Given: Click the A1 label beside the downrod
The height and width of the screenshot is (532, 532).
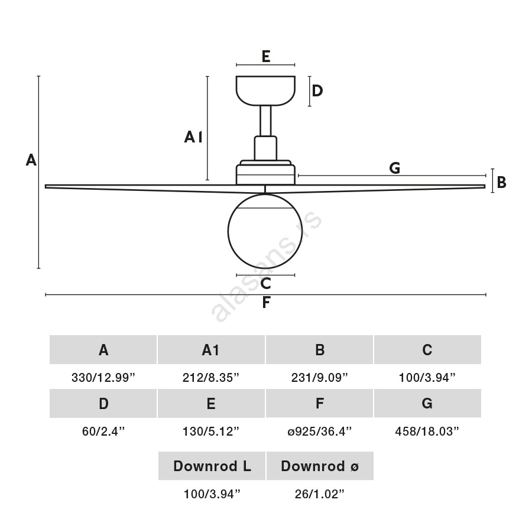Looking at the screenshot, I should point(193,137).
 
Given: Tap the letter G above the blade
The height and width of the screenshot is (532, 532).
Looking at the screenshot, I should point(395,168).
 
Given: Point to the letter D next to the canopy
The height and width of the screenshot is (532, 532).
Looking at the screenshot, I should point(317,90).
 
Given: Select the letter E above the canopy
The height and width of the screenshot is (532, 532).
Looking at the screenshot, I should point(265,56).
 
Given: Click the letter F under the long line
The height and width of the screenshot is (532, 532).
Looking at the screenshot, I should point(266,303).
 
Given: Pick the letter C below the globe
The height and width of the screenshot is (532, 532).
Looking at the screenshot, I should point(265,284).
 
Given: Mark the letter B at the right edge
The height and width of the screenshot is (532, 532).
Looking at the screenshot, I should point(501,182).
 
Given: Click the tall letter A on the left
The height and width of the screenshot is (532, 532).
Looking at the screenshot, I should point(31,160).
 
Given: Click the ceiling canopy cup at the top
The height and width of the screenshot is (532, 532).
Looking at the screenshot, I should point(265,90).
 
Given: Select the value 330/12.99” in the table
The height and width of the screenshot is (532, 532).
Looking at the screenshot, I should point(103,377).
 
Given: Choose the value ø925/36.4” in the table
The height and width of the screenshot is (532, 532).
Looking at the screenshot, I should point(319,431).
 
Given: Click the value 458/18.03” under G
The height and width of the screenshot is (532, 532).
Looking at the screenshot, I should point(427,431).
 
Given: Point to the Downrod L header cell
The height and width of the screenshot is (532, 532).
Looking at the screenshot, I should point(212,466).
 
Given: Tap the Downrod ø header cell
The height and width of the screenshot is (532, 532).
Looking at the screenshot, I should point(319,466).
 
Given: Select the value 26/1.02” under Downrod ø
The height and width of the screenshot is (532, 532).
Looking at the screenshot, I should point(319,494).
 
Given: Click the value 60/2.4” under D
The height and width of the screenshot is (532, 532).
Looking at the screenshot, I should point(103,431).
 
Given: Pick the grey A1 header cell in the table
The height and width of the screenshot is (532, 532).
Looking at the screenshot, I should point(211,350).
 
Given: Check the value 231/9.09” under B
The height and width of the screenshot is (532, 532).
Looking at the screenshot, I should point(319,377).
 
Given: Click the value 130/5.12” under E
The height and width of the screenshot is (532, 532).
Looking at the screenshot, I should point(211,431).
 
